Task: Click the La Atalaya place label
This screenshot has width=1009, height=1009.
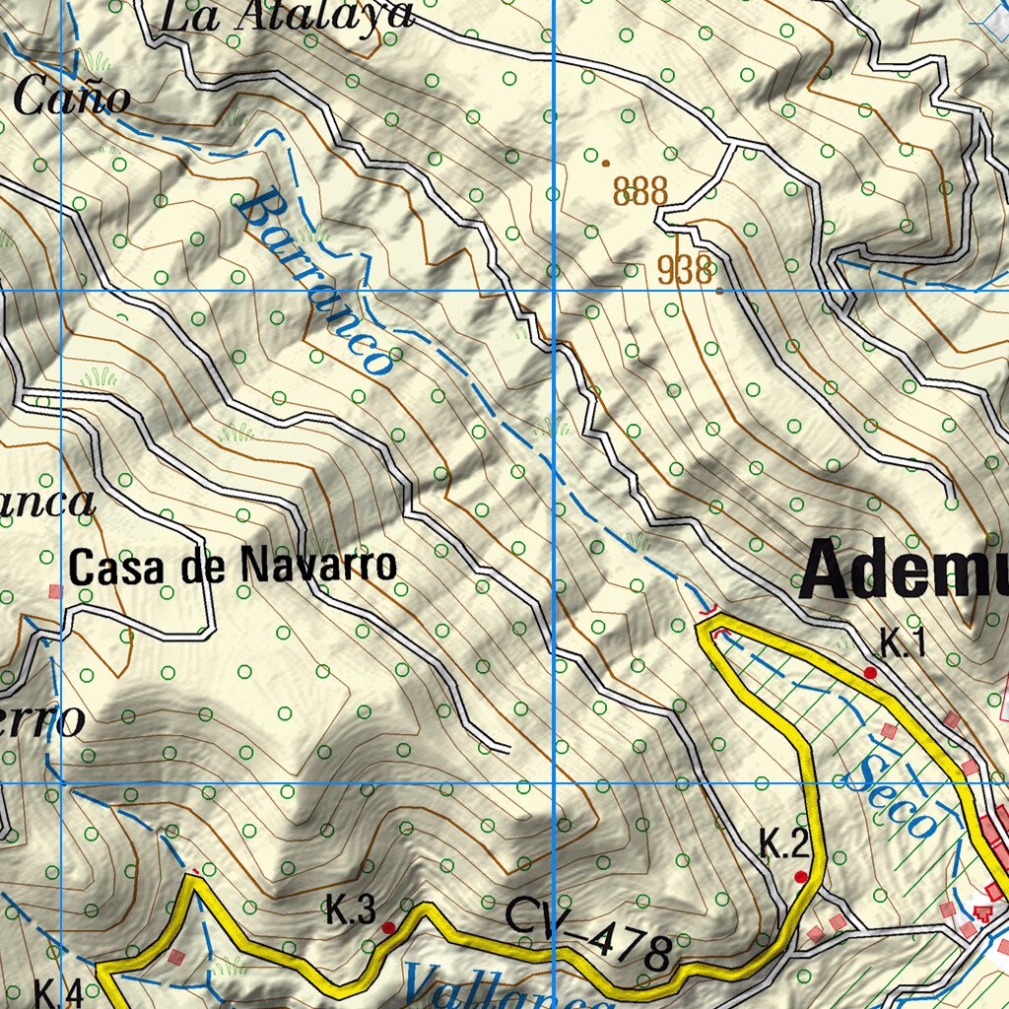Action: coord(285,17)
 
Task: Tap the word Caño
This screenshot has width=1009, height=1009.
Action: coord(72,98)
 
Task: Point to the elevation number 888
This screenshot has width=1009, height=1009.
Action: coord(640,190)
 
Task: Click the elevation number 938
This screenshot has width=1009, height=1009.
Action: coord(685,271)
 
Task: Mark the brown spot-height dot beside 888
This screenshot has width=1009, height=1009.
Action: coord(605,163)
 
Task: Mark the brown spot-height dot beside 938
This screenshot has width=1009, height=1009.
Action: coord(720,291)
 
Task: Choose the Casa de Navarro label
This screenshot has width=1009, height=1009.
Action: coord(233,566)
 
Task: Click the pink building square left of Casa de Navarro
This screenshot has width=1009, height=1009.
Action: coord(55,591)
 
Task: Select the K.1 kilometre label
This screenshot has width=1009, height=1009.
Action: coord(903,645)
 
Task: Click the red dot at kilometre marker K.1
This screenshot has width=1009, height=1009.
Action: coord(870,672)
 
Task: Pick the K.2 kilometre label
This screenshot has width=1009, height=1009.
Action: coord(784,844)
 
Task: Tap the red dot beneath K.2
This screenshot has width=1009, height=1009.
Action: coord(801,877)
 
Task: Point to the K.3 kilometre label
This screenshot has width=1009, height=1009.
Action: coord(351,911)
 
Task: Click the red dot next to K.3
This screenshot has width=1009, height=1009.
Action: coord(389,927)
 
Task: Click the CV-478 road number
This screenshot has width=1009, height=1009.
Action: coord(588,934)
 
